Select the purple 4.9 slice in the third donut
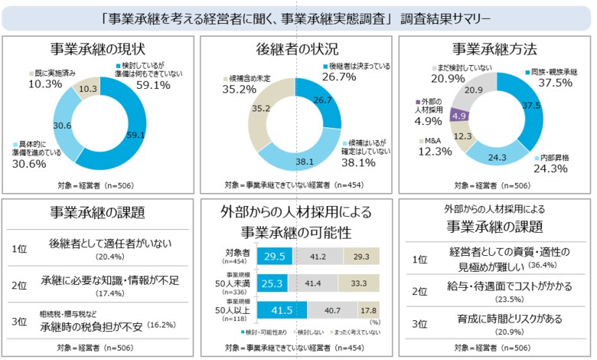460,116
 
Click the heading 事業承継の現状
99,50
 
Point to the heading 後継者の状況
298,50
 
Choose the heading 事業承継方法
494,50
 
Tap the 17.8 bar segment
369,310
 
